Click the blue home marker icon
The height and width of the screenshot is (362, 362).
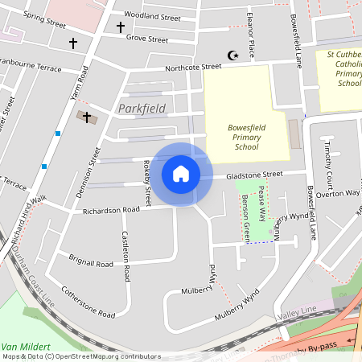point(181,174)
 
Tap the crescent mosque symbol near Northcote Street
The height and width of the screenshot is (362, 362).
point(234,56)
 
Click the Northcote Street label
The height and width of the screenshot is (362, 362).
point(193,68)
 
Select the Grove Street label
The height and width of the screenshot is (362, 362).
point(147,39)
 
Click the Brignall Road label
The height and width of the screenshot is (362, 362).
point(91,263)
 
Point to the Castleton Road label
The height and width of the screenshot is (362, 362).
point(125,257)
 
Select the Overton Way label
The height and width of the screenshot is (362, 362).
point(337,194)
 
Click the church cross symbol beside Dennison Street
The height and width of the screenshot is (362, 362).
point(87,117)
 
